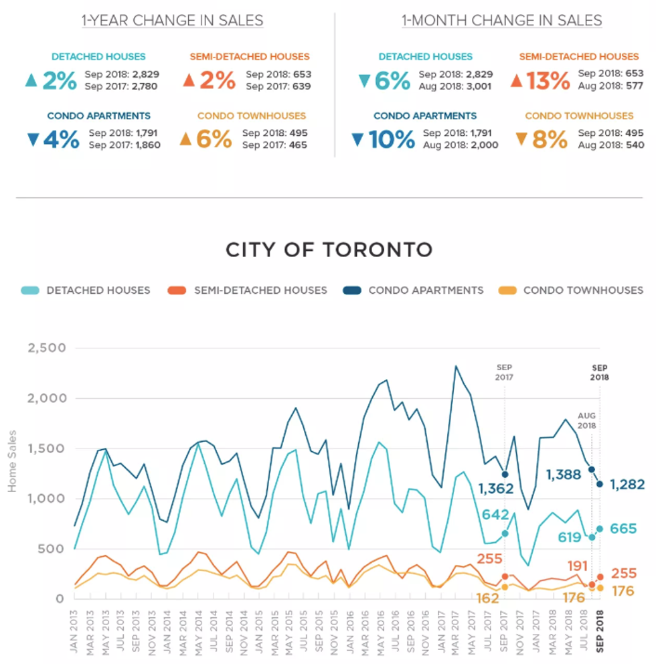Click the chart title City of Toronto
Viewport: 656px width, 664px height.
328,250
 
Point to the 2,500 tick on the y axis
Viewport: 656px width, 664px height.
46,348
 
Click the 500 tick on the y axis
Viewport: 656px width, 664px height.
52,549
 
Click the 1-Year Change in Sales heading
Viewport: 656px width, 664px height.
172,21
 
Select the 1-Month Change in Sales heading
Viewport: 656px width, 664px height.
501,21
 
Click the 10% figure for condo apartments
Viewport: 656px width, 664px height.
392,140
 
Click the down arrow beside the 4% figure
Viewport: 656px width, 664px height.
33,140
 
